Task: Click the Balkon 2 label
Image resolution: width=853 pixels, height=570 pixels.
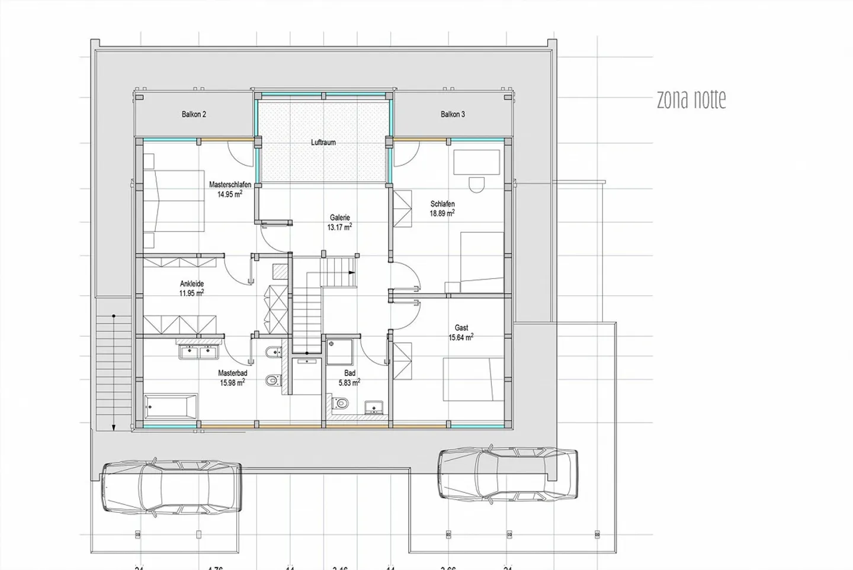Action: pos(194,114)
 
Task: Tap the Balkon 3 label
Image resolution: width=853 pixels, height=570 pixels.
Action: pos(453,114)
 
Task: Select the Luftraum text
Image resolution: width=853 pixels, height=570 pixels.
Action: pos(323,143)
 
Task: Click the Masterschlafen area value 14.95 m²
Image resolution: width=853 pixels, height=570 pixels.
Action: pos(229,194)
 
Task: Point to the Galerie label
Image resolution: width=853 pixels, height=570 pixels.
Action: pos(340,218)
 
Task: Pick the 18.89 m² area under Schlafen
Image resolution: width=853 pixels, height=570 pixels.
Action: pos(442,213)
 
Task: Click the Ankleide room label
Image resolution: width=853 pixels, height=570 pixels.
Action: pos(192,284)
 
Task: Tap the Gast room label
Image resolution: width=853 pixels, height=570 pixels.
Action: pos(461,328)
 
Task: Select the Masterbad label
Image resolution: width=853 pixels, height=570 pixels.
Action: pos(232,373)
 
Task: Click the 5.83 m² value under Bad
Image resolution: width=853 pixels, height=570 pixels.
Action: pos(349,383)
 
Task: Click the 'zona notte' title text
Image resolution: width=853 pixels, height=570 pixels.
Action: pos(691,99)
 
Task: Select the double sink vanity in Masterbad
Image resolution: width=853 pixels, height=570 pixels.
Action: pos(199,352)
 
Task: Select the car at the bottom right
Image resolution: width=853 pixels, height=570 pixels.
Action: pos(507,474)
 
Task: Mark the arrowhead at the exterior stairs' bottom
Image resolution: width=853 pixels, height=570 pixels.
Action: pos(113,425)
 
